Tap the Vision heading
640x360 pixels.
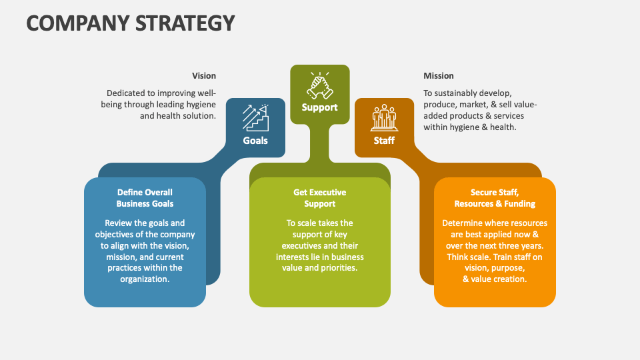204,76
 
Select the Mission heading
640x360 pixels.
439,76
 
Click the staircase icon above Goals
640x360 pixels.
255,117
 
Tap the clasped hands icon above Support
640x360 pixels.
320,85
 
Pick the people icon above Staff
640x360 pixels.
384,117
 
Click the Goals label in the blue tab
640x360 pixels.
255,141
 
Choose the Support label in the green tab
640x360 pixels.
320,107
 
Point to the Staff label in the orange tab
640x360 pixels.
384,141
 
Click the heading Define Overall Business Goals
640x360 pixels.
145,198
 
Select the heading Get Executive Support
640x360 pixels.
320,198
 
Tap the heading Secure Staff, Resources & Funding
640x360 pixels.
495,198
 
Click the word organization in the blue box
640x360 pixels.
145,279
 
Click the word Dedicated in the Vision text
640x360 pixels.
127,93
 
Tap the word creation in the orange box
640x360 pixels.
511,279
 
